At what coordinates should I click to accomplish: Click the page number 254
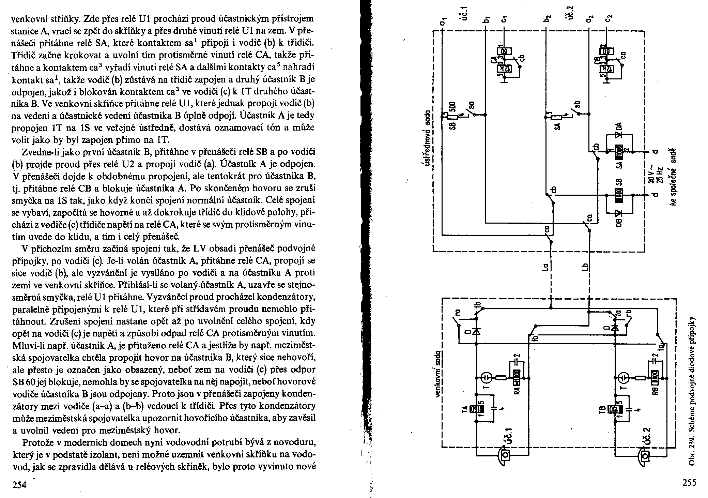19,484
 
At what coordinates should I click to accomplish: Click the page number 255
689,482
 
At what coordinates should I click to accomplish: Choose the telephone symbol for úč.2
644,455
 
